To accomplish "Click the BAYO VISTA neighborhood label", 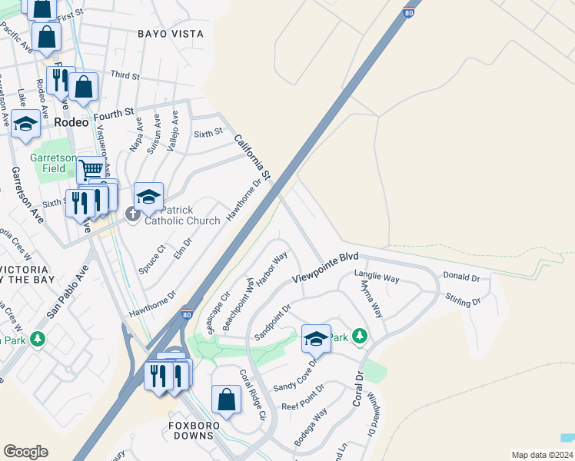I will [x=171, y=34].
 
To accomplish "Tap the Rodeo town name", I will [x=71, y=122].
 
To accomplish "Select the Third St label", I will [x=125, y=76].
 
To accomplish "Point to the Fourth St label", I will [x=114, y=115].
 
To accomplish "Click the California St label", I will [x=253, y=158].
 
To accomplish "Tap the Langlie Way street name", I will [x=377, y=275].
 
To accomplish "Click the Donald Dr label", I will [x=461, y=277].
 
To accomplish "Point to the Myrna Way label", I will [x=371, y=299].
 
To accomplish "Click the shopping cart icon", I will [x=91, y=169].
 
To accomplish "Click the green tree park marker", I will [x=360, y=337].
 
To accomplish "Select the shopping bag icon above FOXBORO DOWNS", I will [x=226, y=399].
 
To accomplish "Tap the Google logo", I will [x=26, y=452].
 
